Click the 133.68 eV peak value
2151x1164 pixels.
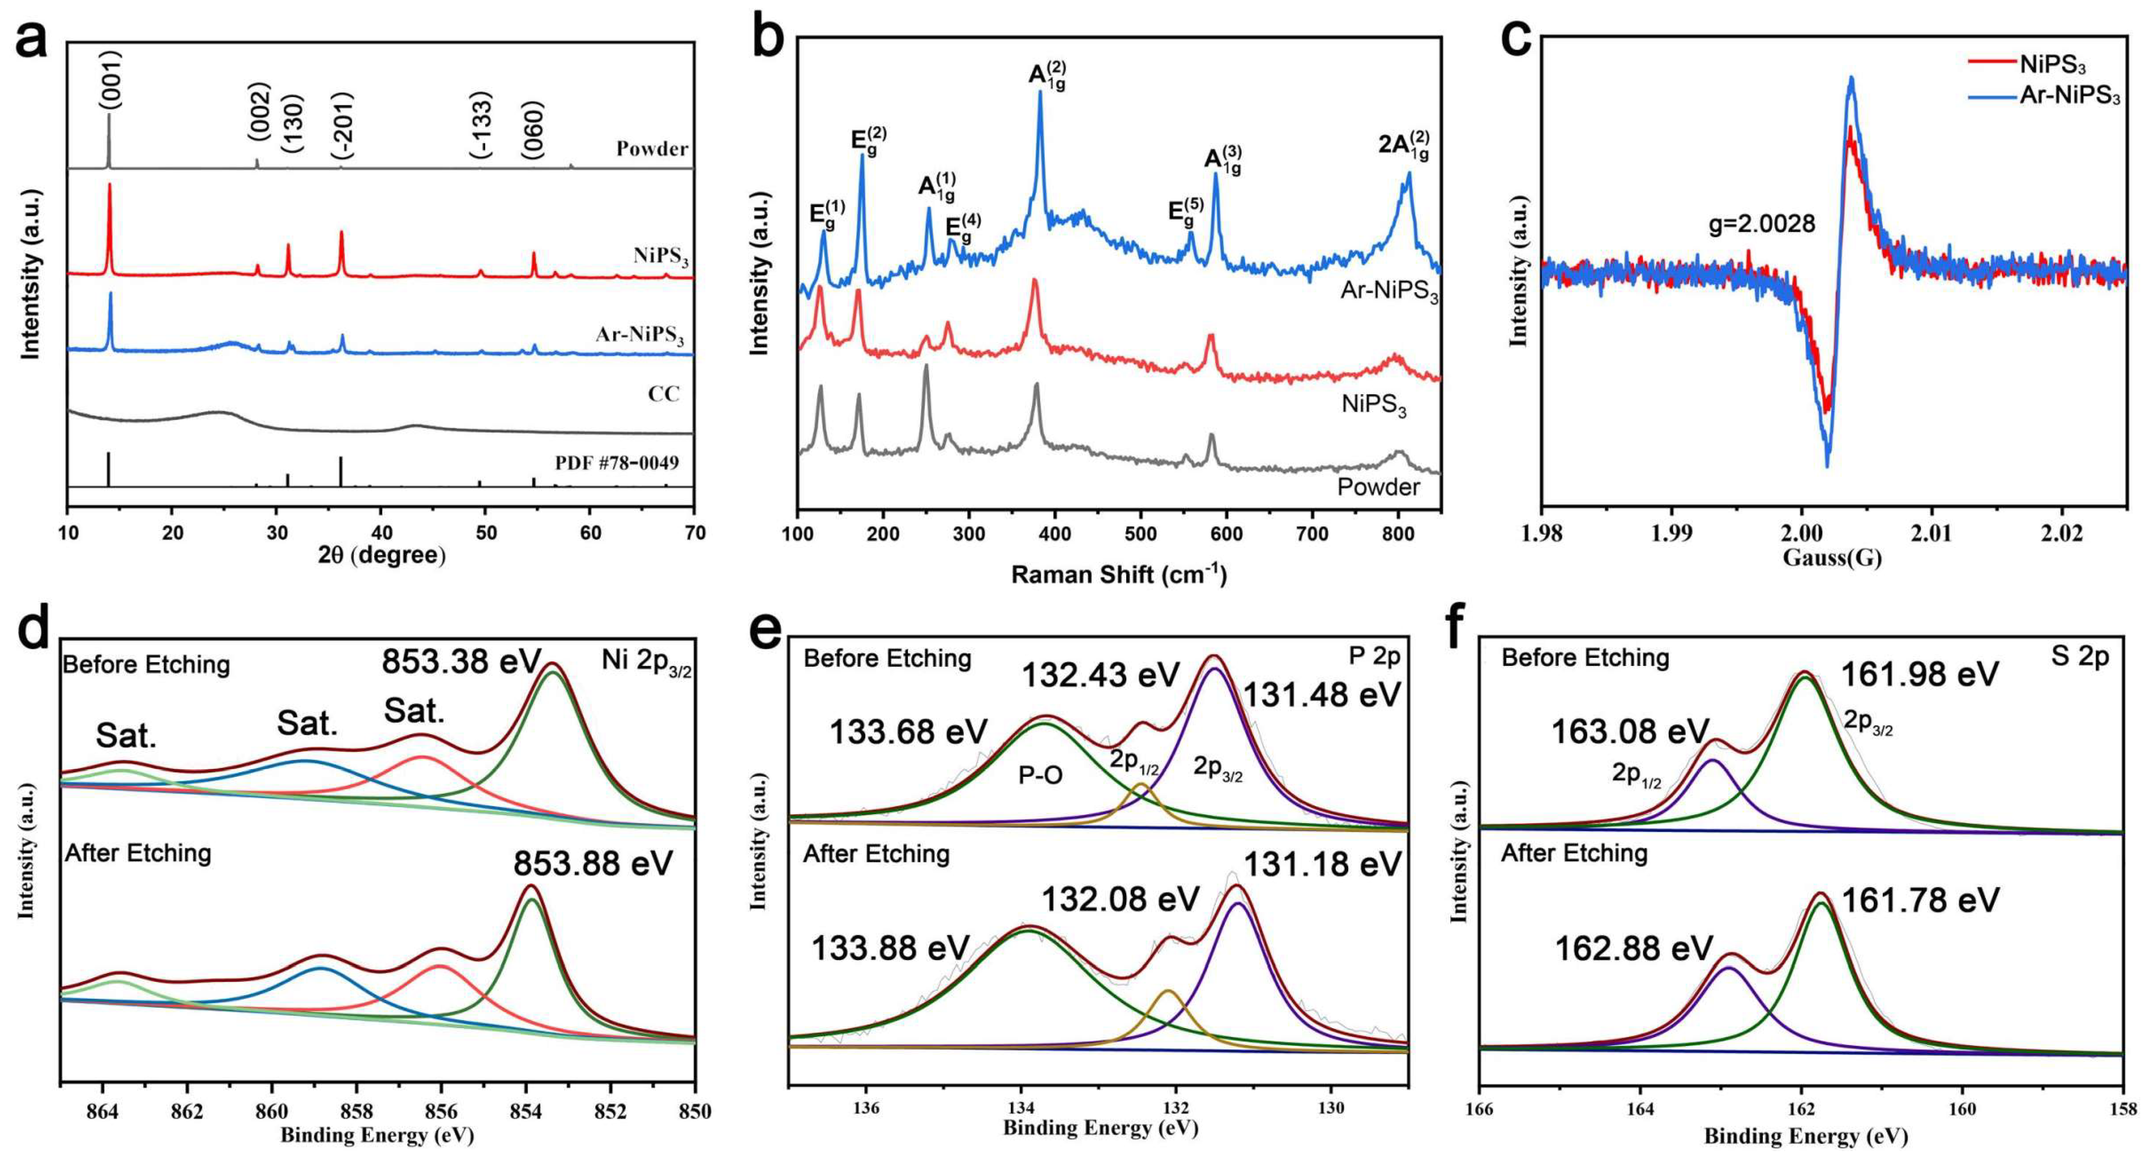tap(908, 732)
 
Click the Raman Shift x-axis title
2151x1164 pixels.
tap(1119, 574)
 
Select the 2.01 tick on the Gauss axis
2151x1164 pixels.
tap(1932, 533)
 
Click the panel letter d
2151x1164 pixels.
tap(33, 628)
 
